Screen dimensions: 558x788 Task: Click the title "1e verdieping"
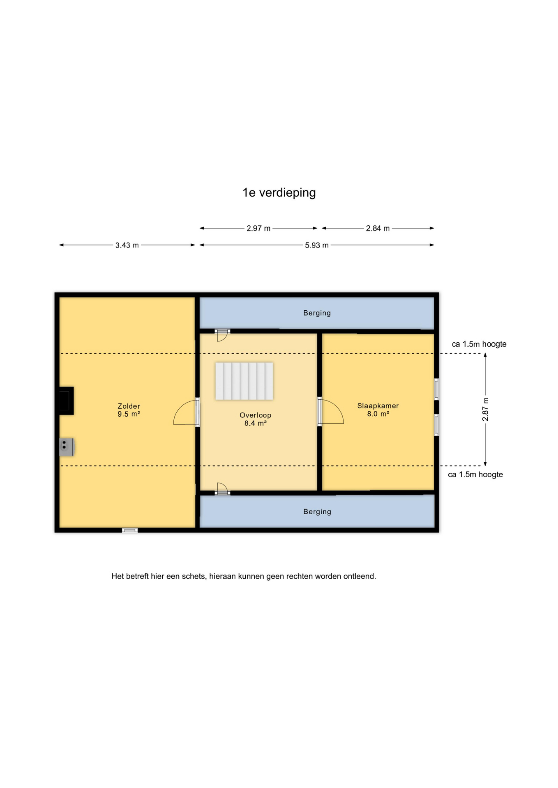coord(279,192)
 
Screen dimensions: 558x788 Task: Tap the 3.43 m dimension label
coord(127,245)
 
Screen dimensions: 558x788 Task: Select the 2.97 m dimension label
coord(258,228)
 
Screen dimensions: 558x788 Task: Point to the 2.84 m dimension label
coord(378,228)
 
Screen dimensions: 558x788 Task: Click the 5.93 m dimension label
coord(316,245)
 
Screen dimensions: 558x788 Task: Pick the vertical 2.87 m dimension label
coord(485,410)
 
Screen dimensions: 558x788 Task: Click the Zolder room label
coord(129,410)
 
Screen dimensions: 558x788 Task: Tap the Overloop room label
coord(256,419)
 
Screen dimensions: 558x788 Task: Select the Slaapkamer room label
coord(378,410)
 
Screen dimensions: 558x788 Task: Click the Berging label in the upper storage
coord(317,313)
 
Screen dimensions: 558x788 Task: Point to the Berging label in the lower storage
coord(317,512)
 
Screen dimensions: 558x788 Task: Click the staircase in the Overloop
coord(244,381)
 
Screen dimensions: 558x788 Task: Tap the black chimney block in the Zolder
coord(66,401)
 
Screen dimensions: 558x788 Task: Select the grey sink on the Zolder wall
coord(66,447)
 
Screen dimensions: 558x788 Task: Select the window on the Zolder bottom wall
coord(130,530)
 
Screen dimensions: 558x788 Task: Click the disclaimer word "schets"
coord(194,576)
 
